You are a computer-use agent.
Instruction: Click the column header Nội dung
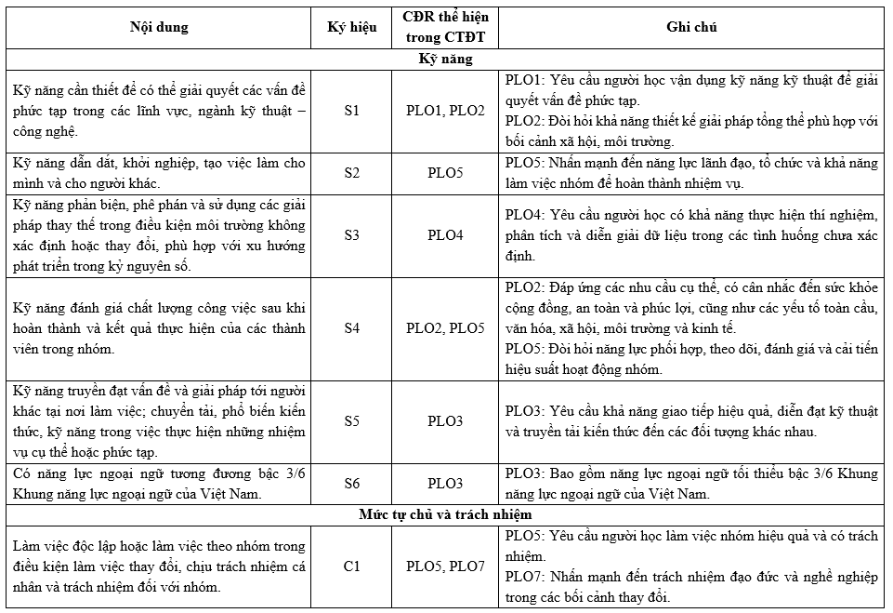coord(158,27)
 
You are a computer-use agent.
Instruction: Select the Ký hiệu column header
coord(352,27)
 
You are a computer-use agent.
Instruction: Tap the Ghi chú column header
coord(691,27)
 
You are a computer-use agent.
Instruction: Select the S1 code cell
coord(352,111)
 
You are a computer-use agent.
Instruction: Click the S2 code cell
coord(352,172)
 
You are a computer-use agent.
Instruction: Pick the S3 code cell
coord(352,234)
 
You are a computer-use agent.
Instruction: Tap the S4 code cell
coord(352,327)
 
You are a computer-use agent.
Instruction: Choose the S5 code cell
coord(352,420)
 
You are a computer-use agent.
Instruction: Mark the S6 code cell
coord(352,483)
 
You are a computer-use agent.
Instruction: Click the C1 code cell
coord(352,565)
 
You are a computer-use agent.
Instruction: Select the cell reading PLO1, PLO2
coord(445,111)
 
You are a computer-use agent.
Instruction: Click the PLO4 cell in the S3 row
coord(445,234)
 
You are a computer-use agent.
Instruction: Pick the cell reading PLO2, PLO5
coord(445,327)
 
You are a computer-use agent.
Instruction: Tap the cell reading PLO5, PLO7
coord(445,565)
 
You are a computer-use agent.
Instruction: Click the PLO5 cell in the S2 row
coord(445,172)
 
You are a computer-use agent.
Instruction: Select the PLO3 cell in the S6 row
coord(445,483)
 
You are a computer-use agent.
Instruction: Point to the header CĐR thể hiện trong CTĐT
coord(445,27)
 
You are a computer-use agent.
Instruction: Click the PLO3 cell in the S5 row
coord(445,420)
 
